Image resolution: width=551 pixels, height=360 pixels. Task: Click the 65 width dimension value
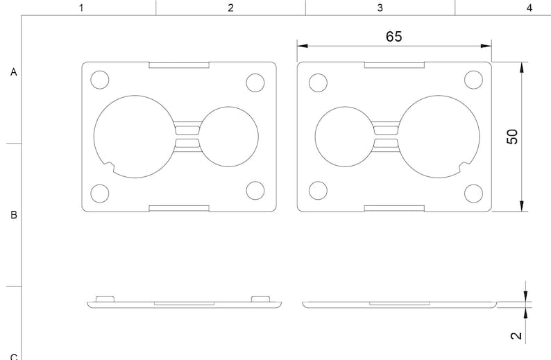pos(393,37)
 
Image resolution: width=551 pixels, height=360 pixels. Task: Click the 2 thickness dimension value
pos(515,336)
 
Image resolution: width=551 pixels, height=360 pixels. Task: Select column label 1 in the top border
pos(81,8)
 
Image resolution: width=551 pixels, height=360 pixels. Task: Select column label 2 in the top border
pos(230,8)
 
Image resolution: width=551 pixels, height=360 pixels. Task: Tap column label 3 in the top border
pos(380,8)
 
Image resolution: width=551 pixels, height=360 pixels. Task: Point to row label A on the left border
pos(13,71)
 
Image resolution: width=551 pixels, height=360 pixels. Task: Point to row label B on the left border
pos(13,215)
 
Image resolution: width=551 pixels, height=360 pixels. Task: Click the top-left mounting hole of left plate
pos(100,80)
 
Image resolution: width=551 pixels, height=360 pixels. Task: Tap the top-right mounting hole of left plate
pos(255,82)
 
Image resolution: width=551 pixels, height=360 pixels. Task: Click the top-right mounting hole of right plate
pos(474,80)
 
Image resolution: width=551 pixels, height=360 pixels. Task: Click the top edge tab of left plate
pos(179,65)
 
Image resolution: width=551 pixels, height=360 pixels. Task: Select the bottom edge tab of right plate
pos(394,208)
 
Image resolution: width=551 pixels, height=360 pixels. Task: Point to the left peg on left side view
pos(105,298)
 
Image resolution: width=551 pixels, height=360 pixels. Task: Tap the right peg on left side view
pos(260,298)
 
